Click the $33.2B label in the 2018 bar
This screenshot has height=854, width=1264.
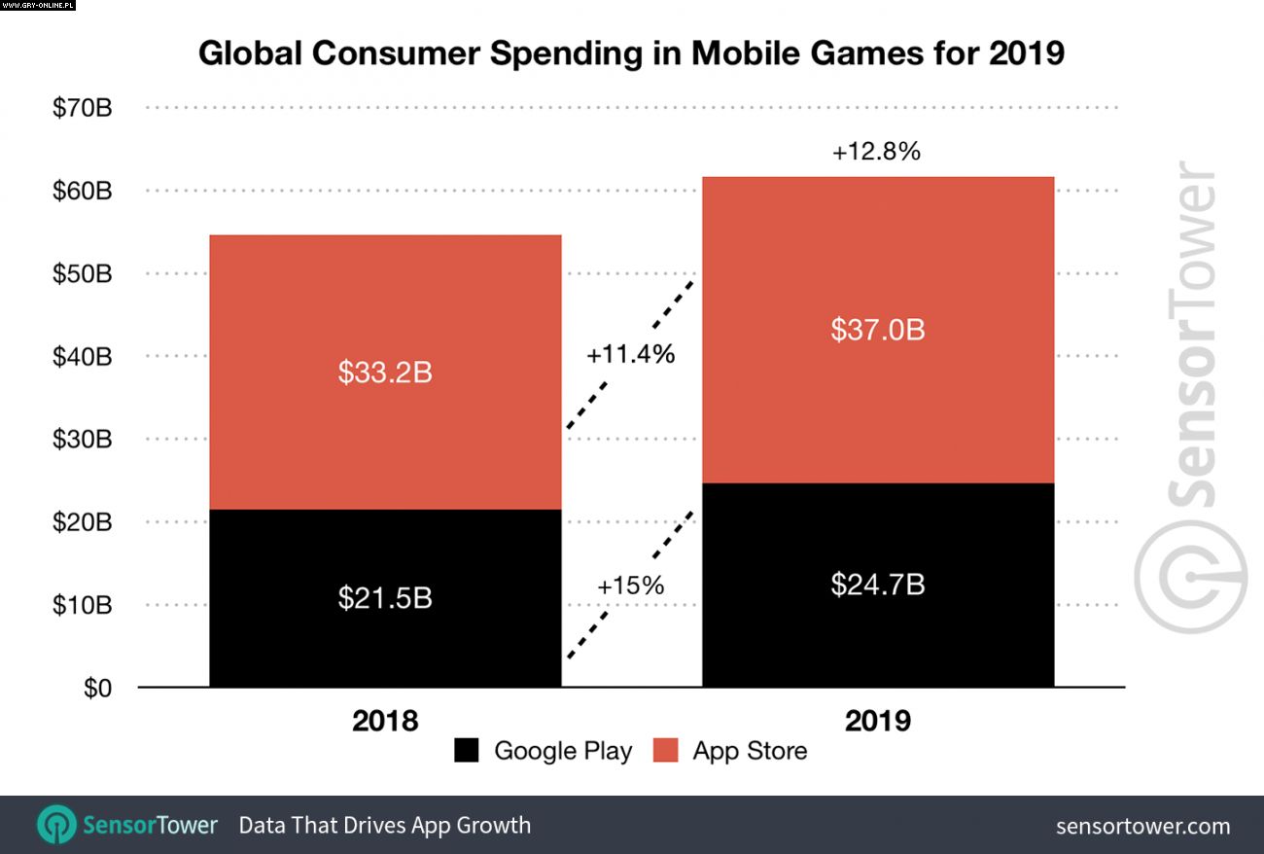[385, 373]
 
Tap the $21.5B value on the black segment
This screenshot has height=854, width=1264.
[385, 597]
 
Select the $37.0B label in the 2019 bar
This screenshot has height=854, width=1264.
[877, 330]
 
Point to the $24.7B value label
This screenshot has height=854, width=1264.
[877, 585]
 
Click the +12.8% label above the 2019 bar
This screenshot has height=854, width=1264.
[876, 152]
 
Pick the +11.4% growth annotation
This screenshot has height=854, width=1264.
[630, 354]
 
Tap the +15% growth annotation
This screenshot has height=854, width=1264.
[630, 586]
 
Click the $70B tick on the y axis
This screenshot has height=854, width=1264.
[83, 107]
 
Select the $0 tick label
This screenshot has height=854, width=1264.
[96, 689]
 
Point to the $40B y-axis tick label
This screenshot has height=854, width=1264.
[83, 357]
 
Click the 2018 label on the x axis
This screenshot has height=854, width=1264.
[385, 721]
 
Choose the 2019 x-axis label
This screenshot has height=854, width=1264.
[878, 721]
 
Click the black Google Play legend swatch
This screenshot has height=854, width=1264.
[467, 751]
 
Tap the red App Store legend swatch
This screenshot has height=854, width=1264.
[665, 751]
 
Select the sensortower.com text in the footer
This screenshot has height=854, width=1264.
[1142, 827]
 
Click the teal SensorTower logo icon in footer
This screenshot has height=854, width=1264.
[56, 825]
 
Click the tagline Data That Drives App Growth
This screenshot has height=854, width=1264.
[385, 826]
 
